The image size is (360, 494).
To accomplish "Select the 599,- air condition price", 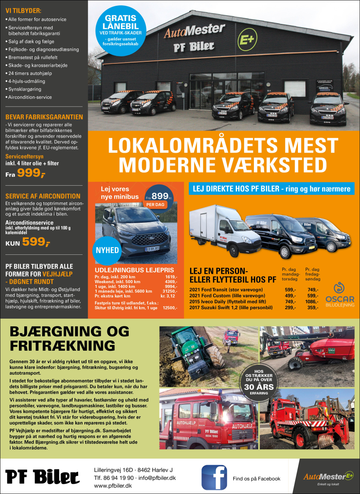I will [x=36, y=242].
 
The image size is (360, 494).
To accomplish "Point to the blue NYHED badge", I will [x=108, y=250].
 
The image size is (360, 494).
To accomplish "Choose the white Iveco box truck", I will [x=218, y=228].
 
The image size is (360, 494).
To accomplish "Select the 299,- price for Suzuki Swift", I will [x=290, y=308].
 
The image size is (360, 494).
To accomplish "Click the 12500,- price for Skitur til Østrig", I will [x=170, y=308].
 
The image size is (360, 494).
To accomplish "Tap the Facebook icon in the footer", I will [x=214, y=477].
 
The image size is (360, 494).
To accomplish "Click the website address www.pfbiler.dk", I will [x=113, y=486].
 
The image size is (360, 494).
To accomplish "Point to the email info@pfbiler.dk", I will [x=157, y=478].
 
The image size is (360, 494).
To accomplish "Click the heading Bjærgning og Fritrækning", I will [x=69, y=338].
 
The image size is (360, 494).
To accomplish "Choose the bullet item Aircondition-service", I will [x=30, y=97].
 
